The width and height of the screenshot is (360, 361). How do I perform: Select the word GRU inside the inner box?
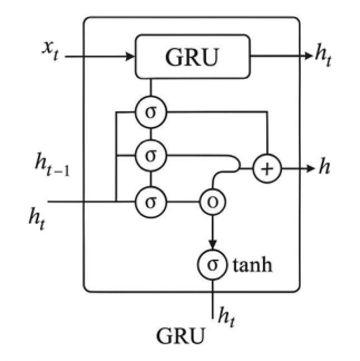[x=191, y=57]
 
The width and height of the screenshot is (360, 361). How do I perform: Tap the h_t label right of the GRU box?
[x=323, y=58]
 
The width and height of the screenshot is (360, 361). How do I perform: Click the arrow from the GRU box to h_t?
[x=280, y=57]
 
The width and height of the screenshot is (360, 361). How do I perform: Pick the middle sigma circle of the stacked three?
[x=150, y=156]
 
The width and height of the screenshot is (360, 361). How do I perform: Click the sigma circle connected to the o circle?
[x=150, y=200]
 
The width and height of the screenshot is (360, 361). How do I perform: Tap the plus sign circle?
[x=269, y=168]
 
